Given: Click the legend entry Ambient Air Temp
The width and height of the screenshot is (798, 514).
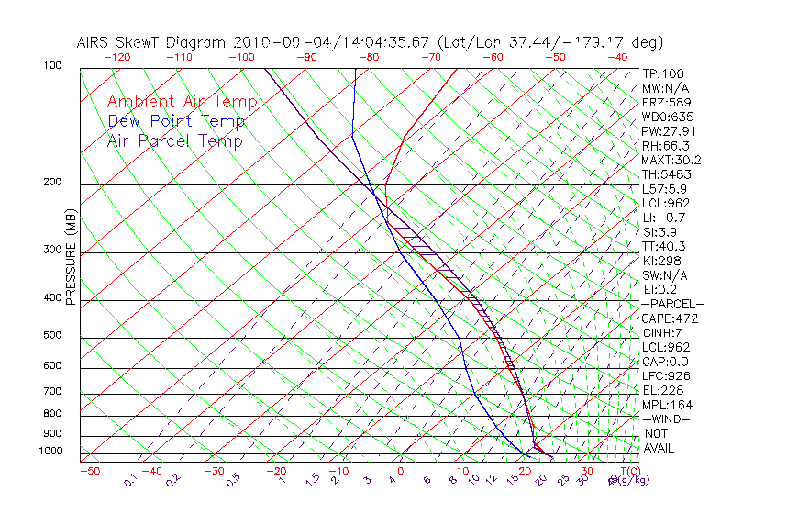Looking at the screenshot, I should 182,102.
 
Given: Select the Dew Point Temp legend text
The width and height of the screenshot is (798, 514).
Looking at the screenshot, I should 176,121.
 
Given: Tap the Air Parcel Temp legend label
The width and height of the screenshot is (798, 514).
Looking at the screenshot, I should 174,140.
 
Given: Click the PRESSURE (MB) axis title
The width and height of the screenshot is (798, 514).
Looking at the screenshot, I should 72,258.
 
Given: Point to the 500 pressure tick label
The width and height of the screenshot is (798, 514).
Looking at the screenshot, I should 53,337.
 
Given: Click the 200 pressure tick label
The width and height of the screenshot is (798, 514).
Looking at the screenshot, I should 53,183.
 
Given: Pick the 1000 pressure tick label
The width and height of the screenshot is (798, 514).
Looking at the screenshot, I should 50,452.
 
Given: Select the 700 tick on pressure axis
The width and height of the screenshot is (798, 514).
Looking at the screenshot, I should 53,393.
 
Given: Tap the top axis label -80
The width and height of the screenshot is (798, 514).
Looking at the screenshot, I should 369,57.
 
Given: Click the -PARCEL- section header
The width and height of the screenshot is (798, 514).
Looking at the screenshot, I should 672,304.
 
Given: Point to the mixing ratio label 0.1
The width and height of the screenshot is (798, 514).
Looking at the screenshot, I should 130,479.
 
